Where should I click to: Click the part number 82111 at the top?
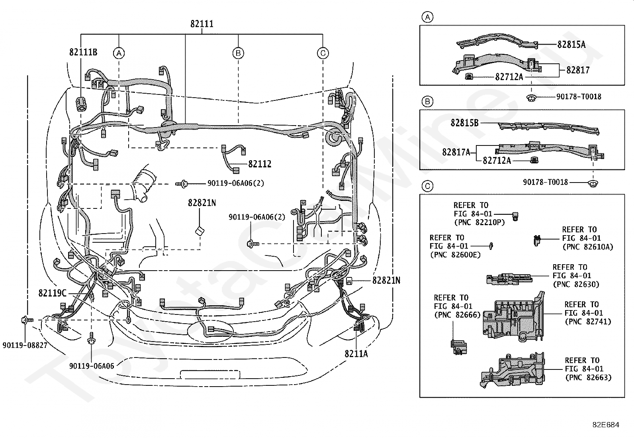pos(202,24)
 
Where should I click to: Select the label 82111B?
pos(83,52)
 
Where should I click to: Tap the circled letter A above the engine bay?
pos(119,53)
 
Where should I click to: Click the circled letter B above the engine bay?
pos(238,53)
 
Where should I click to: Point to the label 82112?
pos(260,164)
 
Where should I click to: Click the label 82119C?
pos(52,293)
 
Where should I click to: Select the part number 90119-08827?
pos(25,345)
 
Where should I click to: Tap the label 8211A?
pos(356,354)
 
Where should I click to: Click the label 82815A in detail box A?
pos(571,45)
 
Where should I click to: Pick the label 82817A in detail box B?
pos(456,152)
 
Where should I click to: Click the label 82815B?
pos(464,123)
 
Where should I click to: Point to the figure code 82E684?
pos(606,425)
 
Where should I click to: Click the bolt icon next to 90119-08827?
pos(27,320)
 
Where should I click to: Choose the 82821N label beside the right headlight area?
pos(386,281)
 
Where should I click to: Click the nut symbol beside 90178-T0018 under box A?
pos(531,98)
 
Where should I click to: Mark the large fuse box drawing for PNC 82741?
pos(514,317)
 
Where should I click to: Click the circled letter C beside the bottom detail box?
pos(427,186)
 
